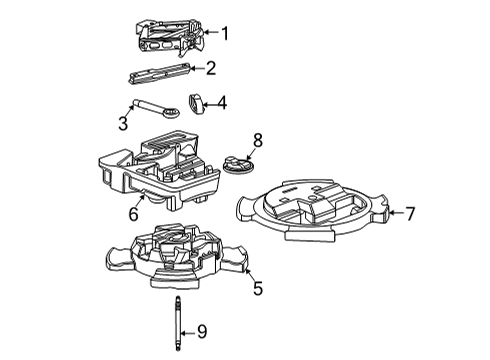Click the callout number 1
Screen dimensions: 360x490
coord(224,33)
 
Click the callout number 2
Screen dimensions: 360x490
coord(210,68)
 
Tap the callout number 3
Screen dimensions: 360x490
coord(124,123)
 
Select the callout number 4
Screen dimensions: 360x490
coord(221,101)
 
